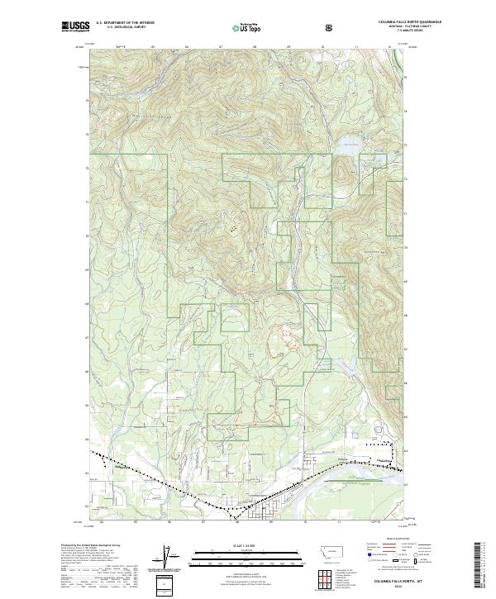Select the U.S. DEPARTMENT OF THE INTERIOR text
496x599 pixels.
(x=124, y=23)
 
